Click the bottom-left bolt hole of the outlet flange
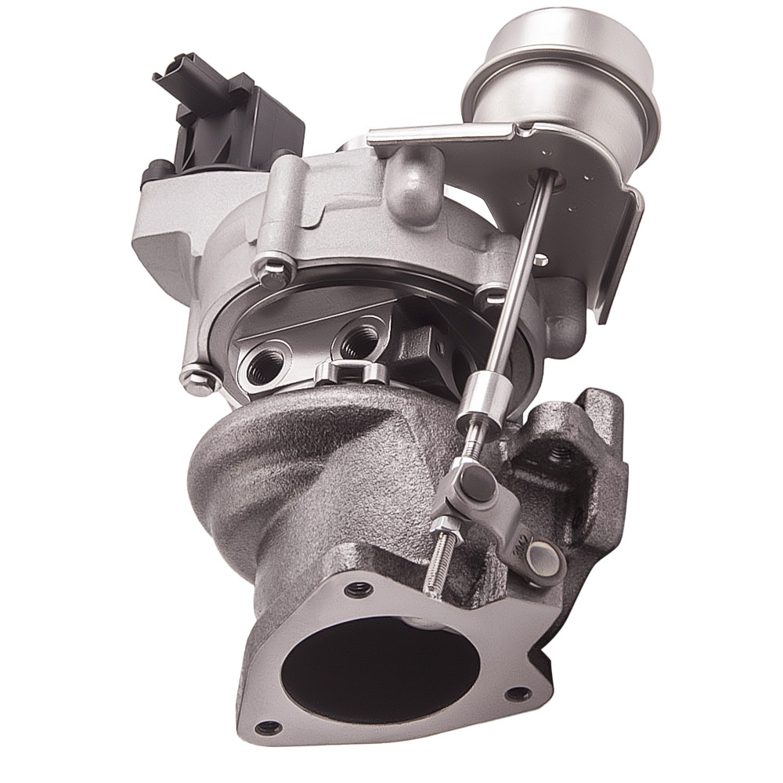269,727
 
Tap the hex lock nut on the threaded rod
444,526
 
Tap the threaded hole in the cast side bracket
561,452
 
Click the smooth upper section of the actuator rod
521,274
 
